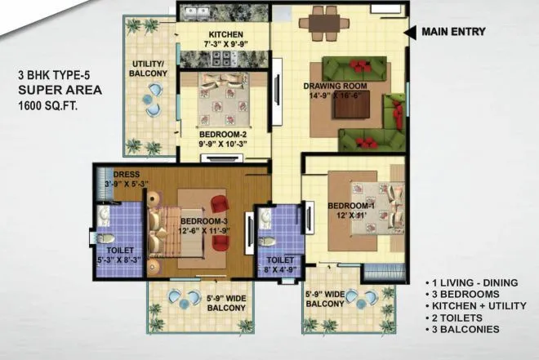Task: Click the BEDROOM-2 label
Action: coord(222,134)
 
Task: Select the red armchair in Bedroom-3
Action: coord(219,202)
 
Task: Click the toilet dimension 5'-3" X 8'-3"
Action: coord(120,260)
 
